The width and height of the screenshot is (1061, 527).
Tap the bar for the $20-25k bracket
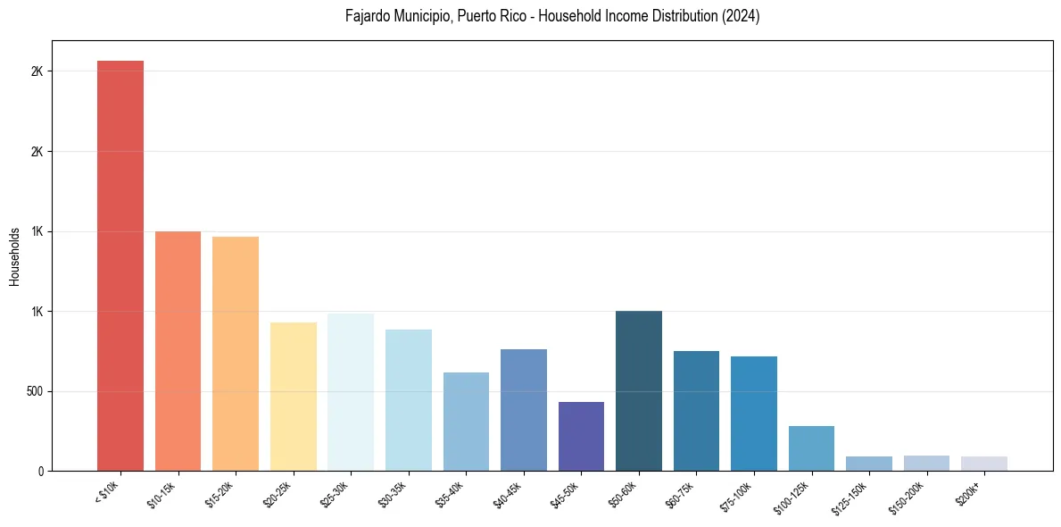click(x=293, y=397)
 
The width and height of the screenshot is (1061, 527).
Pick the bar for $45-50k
click(x=581, y=437)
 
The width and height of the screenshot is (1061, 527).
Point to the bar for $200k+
click(x=984, y=464)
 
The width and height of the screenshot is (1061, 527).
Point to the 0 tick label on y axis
click(x=39, y=471)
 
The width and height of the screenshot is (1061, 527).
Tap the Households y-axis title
click(x=14, y=256)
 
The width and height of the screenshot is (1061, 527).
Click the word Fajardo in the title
click(x=366, y=16)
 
